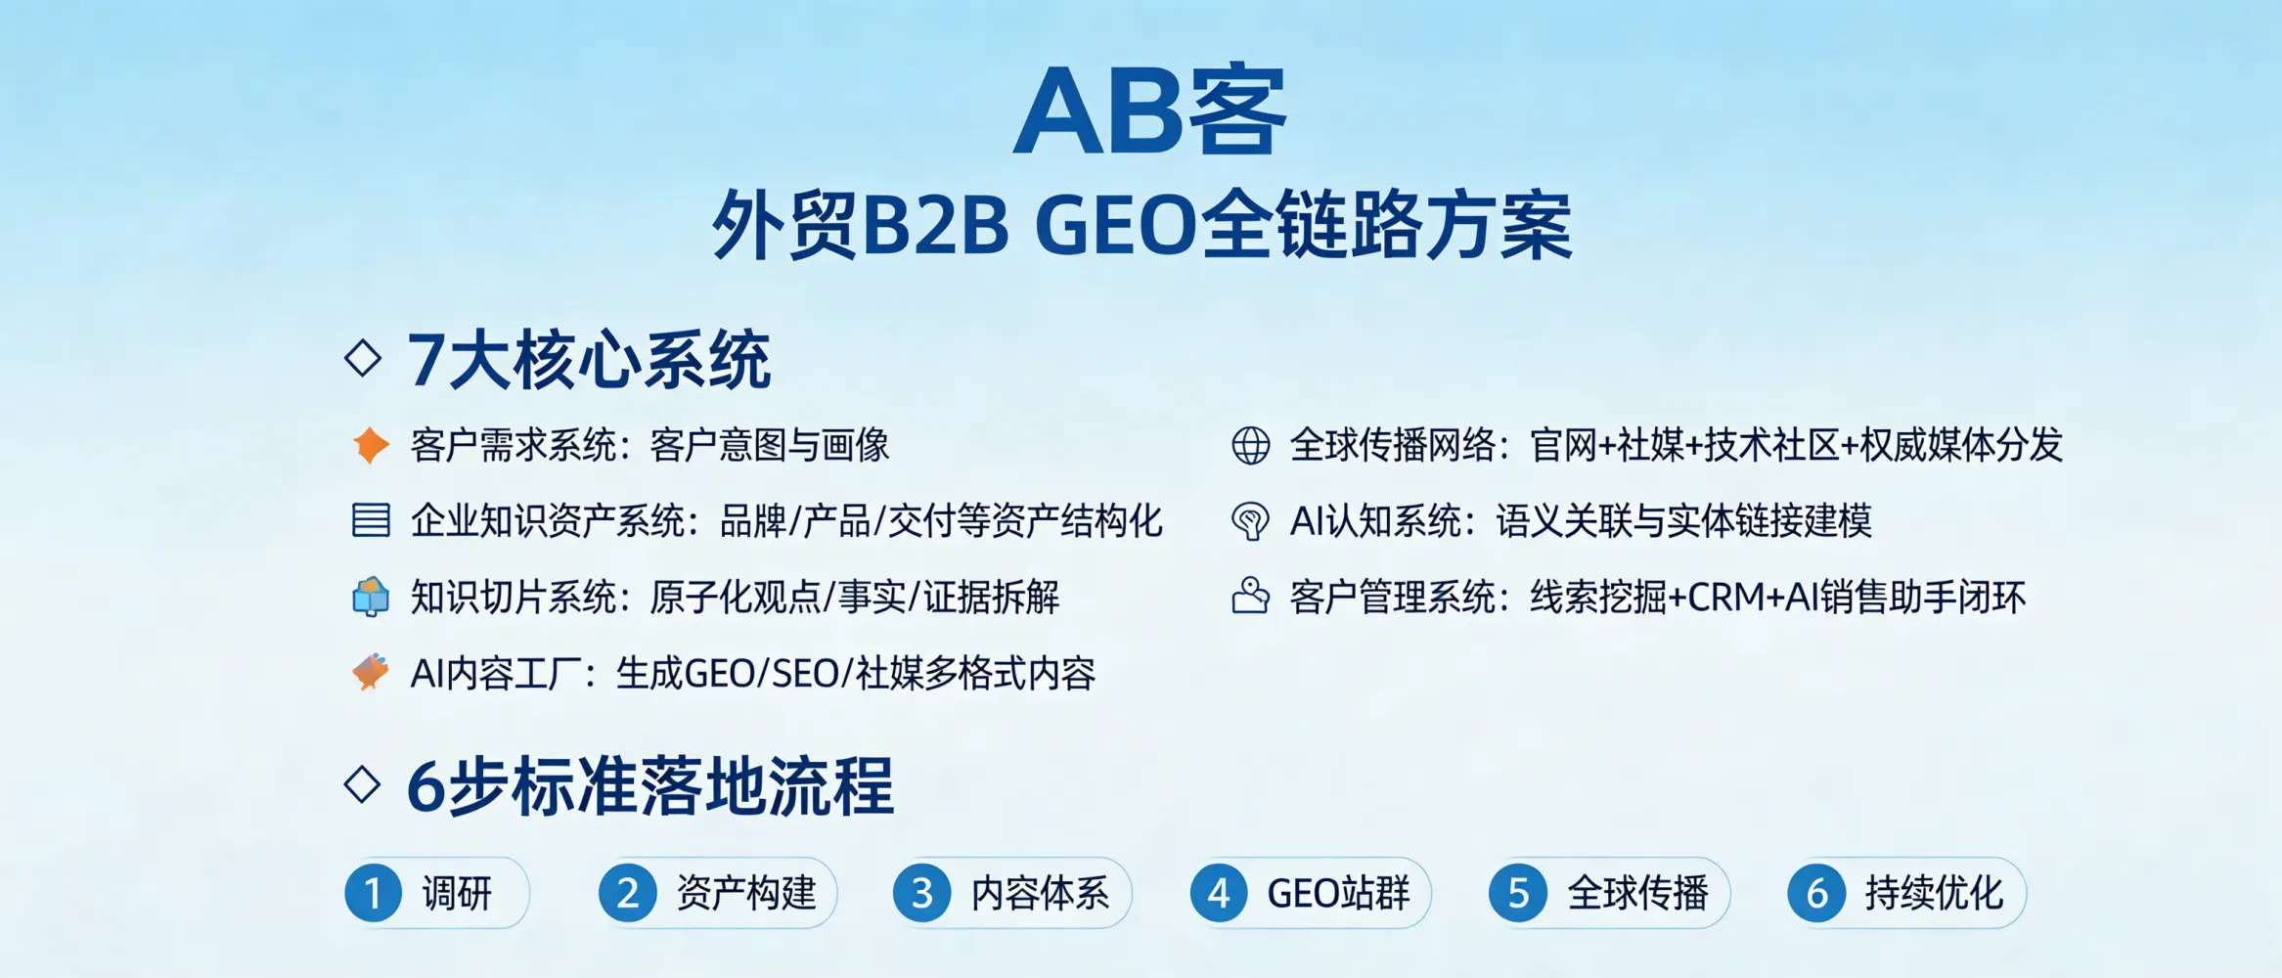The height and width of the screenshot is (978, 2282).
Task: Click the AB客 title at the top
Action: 1148,111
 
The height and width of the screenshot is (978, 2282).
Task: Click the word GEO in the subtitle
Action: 1115,226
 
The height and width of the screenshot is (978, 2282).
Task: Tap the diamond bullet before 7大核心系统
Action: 363,358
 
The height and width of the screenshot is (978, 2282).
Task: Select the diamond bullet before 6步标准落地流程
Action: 363,784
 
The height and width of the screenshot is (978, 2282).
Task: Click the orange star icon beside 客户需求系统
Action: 371,445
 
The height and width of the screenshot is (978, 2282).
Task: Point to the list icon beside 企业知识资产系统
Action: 371,520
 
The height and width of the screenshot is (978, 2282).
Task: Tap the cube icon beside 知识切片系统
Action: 371,597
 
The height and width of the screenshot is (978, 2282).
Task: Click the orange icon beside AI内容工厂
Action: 371,673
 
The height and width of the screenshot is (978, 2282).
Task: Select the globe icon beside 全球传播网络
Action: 1250,445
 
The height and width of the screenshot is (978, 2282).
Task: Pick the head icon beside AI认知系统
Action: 1250,520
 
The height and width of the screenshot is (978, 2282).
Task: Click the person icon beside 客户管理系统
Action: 1250,596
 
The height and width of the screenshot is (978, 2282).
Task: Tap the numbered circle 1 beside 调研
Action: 374,893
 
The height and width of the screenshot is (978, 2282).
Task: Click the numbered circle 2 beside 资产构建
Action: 628,893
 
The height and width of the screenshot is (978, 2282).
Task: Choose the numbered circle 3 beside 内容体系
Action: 921,893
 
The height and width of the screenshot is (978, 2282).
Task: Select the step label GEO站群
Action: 1338,893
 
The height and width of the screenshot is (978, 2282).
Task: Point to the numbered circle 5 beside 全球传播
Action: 1518,893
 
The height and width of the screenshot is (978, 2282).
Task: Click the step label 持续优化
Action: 1934,893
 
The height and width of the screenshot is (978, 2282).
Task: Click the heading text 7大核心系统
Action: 589,360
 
